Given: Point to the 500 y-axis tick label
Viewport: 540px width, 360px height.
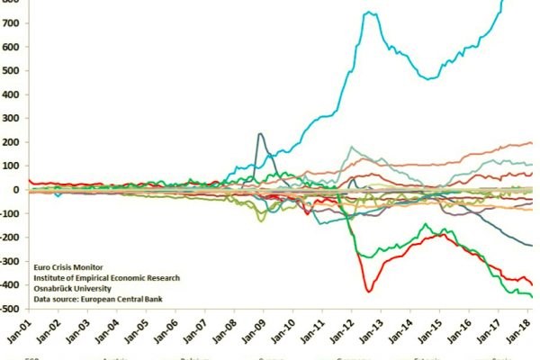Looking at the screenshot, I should point(10,70).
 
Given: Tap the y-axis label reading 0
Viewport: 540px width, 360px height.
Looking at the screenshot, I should point(15,190).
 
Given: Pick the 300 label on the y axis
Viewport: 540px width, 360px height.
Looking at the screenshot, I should point(10,118).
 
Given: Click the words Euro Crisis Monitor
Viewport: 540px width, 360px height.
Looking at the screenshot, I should point(68,267).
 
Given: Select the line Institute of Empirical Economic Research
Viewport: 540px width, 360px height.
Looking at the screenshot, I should point(106,278).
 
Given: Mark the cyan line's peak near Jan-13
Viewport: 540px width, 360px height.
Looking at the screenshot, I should point(369,12).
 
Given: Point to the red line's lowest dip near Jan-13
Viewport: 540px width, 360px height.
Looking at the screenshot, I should point(369,291).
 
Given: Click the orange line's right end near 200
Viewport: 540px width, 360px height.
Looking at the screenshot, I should point(531,143).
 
